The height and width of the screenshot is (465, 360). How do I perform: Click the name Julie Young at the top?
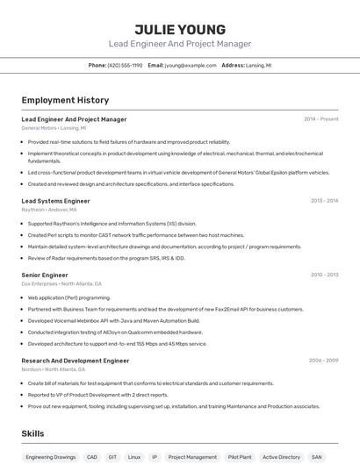180,29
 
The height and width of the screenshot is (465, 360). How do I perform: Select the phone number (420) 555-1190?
124,65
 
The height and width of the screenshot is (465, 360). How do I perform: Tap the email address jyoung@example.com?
191,65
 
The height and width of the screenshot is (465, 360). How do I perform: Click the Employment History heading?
65,100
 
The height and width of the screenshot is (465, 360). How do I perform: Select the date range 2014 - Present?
320,118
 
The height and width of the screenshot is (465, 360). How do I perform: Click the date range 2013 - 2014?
324,201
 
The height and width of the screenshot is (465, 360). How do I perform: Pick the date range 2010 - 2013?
324,275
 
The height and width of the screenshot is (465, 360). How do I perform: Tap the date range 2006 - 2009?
323,360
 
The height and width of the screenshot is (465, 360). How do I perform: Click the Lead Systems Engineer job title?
55,201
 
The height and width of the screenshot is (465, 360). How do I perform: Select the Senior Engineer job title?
45,275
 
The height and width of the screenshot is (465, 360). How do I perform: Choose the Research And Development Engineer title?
75,360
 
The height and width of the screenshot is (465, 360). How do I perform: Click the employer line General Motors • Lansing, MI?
54,128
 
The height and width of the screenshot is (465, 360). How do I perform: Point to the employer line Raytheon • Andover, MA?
49,210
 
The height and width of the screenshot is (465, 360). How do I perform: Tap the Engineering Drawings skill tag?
50,457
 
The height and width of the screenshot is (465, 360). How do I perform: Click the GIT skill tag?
112,457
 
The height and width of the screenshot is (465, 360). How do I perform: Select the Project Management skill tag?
192,457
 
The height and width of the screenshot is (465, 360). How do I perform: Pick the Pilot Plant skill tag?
240,457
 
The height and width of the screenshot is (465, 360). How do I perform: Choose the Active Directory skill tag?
281,457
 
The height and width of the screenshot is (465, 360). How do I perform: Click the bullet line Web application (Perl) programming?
69,297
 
